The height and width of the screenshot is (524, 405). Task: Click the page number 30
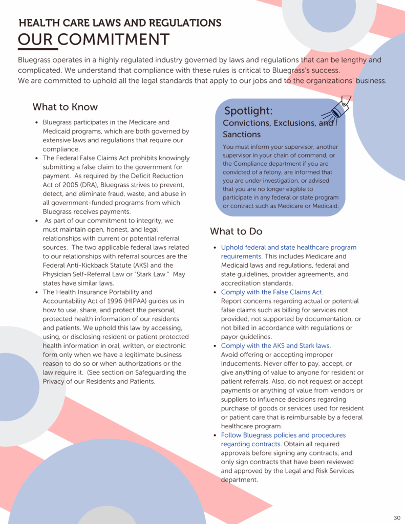coord(397,517)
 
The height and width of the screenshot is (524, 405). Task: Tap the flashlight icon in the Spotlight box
coord(336,109)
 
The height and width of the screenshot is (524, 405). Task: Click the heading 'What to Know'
coord(65,107)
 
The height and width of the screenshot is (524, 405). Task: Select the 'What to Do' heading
coord(236,231)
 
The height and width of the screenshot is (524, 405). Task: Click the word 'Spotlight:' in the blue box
coord(248,111)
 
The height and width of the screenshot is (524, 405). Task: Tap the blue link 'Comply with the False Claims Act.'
coord(272,292)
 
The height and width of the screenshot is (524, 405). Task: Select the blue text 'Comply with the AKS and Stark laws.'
coord(275,346)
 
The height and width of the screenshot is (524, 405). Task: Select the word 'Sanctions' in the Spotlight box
coord(242,135)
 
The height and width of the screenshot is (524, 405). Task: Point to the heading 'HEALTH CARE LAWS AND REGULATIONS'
coord(120,23)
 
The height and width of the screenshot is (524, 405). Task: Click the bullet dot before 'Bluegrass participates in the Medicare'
coord(37,123)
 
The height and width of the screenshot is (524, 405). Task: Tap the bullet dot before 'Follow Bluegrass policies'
coord(215,435)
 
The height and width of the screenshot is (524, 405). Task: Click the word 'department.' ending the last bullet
coord(239,480)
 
